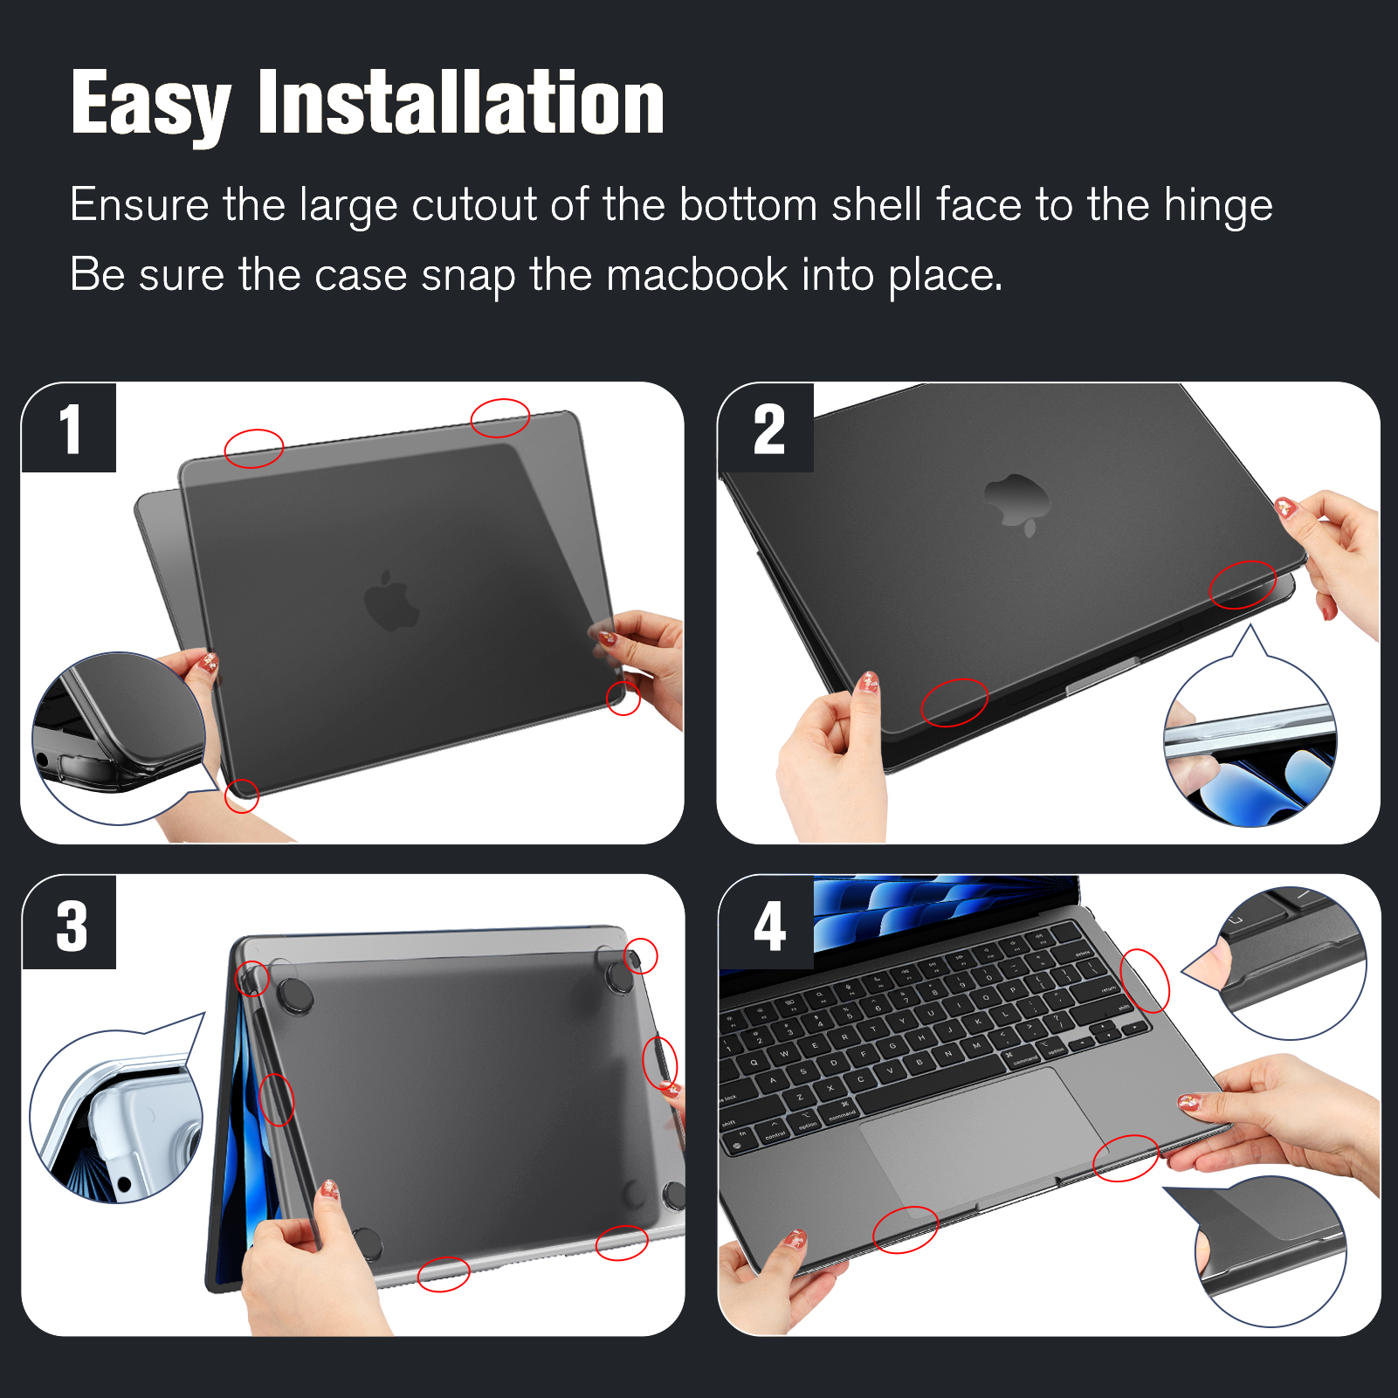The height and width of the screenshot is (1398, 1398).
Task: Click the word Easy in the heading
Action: pos(151,104)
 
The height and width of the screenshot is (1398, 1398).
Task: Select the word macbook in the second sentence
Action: pos(697,275)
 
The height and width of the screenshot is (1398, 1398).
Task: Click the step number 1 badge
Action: pos(69,428)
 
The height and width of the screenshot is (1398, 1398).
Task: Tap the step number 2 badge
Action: pos(767,429)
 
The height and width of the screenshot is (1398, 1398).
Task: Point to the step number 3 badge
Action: pos(69,924)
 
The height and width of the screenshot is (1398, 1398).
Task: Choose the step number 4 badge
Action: pos(767,924)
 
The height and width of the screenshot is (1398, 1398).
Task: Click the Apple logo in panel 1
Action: pos(391,601)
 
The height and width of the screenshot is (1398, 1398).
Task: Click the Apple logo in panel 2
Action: pos(1016,504)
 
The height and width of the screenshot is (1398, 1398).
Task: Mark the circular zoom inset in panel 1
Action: pos(119,739)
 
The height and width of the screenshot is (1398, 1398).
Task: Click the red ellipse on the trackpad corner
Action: pos(1126,1158)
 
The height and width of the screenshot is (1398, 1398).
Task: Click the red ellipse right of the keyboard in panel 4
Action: pos(1144,981)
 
